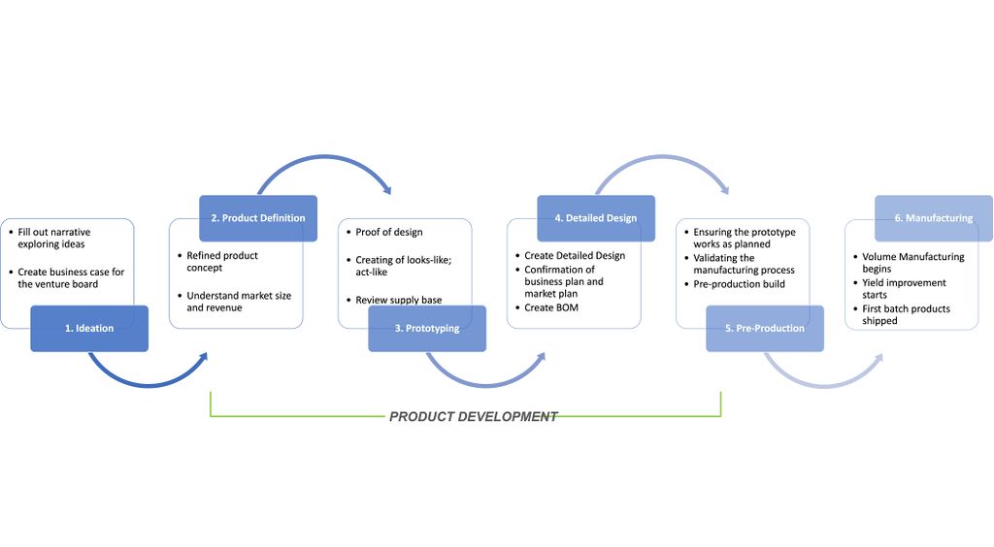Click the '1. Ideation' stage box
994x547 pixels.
tap(89, 328)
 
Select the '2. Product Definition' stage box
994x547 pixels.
tap(258, 218)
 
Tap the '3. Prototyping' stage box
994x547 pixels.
tap(426, 328)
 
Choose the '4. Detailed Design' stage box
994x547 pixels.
tap(596, 218)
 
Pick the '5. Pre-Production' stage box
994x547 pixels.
tap(764, 328)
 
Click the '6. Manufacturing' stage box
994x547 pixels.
tap(933, 218)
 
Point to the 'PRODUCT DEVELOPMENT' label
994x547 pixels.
tap(474, 416)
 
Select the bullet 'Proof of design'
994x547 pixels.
tap(389, 233)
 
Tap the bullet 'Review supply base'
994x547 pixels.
tap(398, 300)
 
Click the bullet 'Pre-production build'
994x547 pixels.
tap(740, 284)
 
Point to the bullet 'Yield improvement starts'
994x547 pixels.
tap(903, 289)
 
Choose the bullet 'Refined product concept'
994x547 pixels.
tap(222, 262)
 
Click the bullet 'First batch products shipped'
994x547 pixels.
tap(906, 314)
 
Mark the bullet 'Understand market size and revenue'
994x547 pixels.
tap(239, 302)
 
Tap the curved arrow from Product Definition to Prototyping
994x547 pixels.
tap(320, 160)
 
